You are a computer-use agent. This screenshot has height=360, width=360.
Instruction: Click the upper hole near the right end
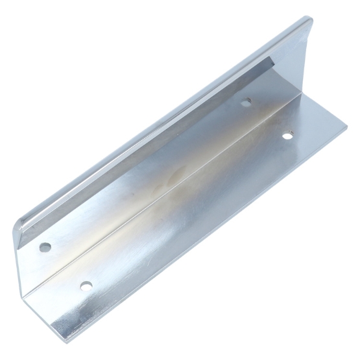(x=246, y=101)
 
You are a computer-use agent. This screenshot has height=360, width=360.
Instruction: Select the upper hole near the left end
(x=45, y=247)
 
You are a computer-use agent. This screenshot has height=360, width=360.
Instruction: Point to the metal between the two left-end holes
(x=65, y=266)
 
